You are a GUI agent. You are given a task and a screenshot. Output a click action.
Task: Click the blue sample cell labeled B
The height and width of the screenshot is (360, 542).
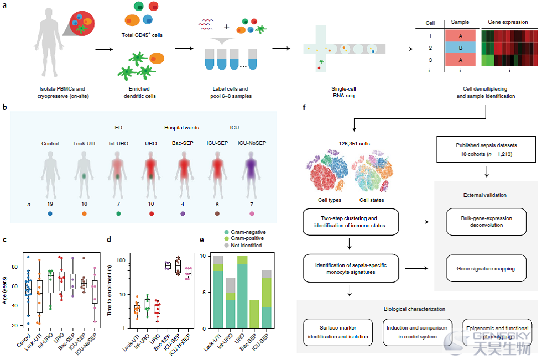coord(460,48)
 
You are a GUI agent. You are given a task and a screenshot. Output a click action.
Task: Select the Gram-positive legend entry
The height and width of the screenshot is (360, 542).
coord(244,238)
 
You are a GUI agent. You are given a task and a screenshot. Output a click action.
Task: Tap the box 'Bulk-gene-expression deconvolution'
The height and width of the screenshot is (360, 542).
coord(486,222)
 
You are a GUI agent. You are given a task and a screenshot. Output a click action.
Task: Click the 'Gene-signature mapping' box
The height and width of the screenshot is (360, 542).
coord(486,268)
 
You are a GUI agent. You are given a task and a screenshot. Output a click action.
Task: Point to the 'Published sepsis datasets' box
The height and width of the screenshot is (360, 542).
coord(486,150)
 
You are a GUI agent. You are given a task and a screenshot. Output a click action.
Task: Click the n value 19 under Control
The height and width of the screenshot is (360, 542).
coord(50,204)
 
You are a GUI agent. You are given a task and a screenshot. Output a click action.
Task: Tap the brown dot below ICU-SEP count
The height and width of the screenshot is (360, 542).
coord(217,213)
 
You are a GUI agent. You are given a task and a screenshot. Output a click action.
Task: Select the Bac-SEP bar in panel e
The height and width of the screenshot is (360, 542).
coord(254,314)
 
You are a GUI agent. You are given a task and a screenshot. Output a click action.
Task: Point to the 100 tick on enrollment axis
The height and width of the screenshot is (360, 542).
coord(121,260)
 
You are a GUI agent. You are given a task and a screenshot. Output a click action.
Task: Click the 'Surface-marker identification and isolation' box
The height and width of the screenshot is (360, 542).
coord(338,332)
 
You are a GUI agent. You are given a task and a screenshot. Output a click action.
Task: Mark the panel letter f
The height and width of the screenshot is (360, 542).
coord(304,107)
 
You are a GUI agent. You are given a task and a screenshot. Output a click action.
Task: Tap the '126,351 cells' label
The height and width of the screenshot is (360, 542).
coord(355,143)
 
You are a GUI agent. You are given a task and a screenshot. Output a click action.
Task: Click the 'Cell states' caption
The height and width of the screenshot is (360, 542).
coord(372,200)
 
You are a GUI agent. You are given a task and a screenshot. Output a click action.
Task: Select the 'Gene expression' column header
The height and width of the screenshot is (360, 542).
coord(508,22)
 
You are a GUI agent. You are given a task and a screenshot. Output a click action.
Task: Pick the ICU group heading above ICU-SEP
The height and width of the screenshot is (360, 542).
coord(234,128)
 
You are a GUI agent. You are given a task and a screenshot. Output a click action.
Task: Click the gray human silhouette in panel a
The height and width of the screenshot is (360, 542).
coord(49,43)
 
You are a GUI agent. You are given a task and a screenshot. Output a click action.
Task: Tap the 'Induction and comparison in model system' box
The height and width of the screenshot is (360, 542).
coord(417,332)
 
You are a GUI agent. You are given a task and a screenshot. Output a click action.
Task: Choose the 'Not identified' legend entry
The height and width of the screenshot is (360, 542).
coord(243,246)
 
